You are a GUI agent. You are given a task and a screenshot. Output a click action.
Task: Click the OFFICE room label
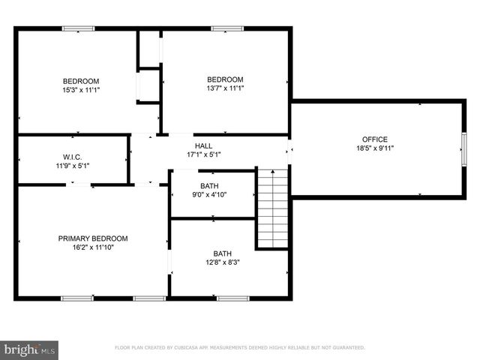pyautogui.click(x=375, y=139)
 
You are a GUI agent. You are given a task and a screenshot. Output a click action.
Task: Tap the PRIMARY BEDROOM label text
pyautogui.click(x=93, y=238)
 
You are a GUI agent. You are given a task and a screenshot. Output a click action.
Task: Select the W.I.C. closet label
pyautogui.click(x=72, y=157)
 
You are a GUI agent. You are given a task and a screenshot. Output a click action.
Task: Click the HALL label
pyautogui.click(x=203, y=145)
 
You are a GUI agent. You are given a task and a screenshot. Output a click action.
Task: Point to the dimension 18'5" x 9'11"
pyautogui.click(x=375, y=148)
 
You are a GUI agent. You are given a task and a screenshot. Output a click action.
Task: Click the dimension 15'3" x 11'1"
pyautogui.click(x=81, y=89)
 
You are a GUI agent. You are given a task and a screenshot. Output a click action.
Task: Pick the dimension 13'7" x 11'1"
pyautogui.click(x=226, y=88)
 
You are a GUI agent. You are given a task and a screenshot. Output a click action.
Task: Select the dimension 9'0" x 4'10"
pyautogui.click(x=209, y=194)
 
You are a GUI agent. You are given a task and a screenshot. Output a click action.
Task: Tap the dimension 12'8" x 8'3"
pyautogui.click(x=222, y=262)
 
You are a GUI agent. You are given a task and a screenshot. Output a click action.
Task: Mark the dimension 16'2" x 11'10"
pyautogui.click(x=93, y=247)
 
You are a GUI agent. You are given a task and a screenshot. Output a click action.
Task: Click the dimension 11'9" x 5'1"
pyautogui.click(x=72, y=166)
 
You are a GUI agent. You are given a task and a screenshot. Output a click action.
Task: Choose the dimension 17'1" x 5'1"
pyautogui.click(x=203, y=154)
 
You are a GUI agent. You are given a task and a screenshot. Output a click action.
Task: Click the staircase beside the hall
pyautogui.click(x=272, y=208)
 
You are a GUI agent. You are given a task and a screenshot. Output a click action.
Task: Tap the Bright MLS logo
pyautogui.click(x=30, y=349)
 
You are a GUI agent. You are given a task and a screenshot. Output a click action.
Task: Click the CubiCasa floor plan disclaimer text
pyautogui.click(x=239, y=348)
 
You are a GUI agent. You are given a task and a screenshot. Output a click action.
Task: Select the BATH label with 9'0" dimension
pyautogui.click(x=209, y=185)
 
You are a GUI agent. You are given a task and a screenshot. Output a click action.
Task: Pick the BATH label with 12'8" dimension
pyautogui.click(x=222, y=253)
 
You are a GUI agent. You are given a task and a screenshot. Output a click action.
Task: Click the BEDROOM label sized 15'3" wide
pyautogui.click(x=81, y=80)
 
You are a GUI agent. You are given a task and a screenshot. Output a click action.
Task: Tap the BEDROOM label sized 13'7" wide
pyautogui.click(x=226, y=79)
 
